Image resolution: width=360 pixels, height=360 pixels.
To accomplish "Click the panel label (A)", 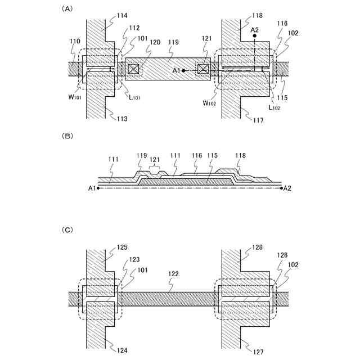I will click(x=67, y=8).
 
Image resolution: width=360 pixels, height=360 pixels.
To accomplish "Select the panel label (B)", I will click(x=67, y=136).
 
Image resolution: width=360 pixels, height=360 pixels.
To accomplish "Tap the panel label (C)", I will click(x=67, y=229).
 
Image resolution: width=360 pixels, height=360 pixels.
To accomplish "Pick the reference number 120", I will click(x=155, y=42).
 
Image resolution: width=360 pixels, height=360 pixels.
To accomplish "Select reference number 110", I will click(x=75, y=42).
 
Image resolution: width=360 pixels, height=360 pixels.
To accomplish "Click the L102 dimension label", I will click(x=274, y=107).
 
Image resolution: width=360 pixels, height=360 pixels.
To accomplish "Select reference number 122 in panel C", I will click(x=174, y=273).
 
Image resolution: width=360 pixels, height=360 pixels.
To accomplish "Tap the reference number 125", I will click(x=123, y=247).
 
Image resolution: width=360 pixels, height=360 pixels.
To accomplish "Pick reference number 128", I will click(x=258, y=247).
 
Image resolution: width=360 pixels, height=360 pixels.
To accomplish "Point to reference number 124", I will click(x=122, y=350).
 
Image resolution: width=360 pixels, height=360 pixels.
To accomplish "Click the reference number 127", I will click(x=258, y=353).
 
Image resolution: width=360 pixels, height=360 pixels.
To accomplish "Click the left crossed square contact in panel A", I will click(x=133, y=69).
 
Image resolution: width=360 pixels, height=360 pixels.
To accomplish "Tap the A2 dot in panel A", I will click(x=254, y=36).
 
